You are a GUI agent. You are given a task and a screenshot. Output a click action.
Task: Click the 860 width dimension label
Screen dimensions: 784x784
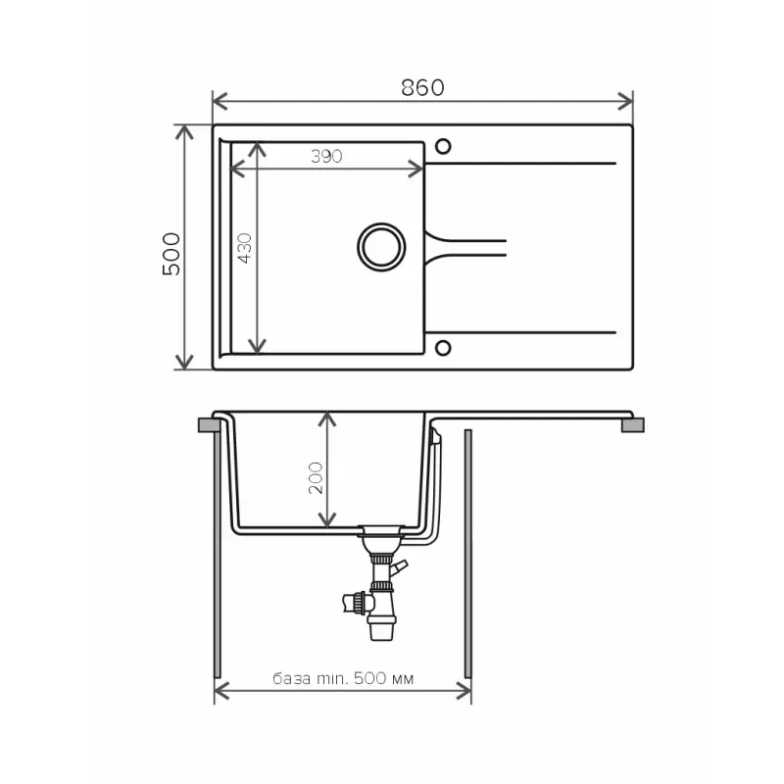[422, 87]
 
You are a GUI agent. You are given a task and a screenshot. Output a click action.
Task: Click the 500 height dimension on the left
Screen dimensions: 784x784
[171, 254]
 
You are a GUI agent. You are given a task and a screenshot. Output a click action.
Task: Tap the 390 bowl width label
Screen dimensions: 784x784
[326, 157]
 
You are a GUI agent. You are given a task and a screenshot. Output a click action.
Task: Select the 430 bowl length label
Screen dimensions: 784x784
[244, 248]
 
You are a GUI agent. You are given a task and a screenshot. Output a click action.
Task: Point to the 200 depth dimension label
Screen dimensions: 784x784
[316, 478]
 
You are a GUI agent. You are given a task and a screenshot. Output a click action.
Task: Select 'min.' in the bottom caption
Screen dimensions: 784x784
[332, 678]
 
